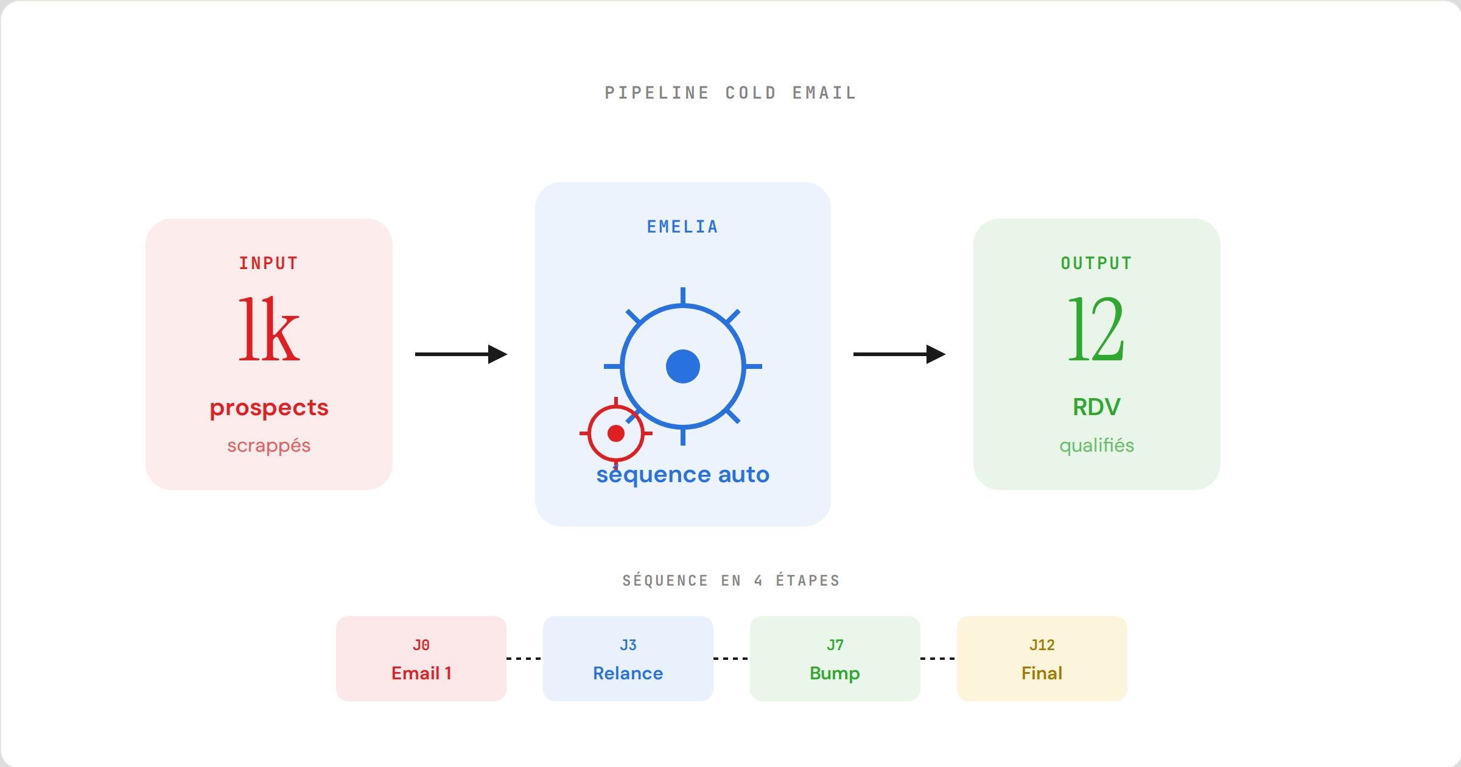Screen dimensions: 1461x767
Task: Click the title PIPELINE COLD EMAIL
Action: point(730,93)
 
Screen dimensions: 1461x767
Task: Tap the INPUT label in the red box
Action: point(268,264)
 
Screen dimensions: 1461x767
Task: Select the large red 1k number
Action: point(268,329)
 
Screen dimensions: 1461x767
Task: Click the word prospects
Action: point(268,408)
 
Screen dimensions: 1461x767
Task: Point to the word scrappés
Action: point(268,446)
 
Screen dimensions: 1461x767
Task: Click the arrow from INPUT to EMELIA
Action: point(461,354)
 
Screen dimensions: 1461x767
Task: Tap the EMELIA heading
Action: point(682,227)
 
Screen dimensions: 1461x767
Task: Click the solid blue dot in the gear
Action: point(683,366)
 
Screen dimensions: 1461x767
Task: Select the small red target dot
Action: point(616,433)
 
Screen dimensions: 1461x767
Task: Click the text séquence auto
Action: point(683,475)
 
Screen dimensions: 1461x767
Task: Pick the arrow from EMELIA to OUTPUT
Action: point(899,354)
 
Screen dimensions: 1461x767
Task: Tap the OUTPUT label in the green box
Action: point(1096,264)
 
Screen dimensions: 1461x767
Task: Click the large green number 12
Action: point(1096,329)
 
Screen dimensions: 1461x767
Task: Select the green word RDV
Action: point(1096,407)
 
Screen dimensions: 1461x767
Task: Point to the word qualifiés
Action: point(1096,446)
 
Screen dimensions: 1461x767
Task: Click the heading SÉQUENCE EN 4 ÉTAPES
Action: point(730,581)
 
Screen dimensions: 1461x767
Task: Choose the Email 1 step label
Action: point(421,673)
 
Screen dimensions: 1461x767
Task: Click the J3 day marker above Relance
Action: point(628,645)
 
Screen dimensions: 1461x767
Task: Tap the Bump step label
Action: point(835,673)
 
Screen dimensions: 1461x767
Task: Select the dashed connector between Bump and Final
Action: point(938,659)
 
